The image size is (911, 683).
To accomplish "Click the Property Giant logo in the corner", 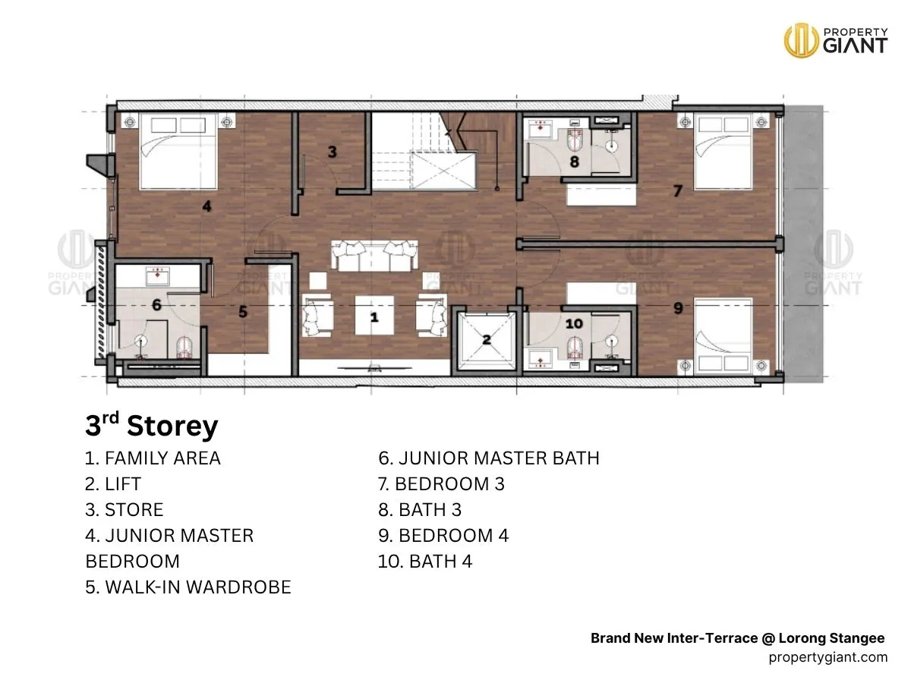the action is tap(836, 40).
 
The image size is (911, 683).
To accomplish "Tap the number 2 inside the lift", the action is tap(487, 340).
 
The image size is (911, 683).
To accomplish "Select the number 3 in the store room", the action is tap(332, 152).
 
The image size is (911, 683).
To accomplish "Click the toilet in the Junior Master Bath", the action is tap(184, 348).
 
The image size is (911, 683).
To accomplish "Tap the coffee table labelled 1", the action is tap(374, 315).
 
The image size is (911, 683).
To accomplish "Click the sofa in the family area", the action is tap(374, 256).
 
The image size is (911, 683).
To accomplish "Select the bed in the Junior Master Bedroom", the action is tap(178, 151).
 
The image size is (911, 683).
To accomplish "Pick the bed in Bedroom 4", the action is tap(723, 335).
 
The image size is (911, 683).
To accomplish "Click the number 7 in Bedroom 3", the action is tap(677, 190).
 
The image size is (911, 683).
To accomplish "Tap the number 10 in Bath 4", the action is tap(574, 323).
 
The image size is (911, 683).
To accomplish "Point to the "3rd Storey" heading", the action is tap(152, 426).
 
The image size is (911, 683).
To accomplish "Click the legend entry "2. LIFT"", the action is tap(113, 484).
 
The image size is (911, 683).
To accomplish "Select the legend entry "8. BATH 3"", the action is tap(420, 510).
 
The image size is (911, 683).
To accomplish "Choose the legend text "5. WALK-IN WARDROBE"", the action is tap(188, 587).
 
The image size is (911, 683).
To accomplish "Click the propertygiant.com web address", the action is tap(828, 657).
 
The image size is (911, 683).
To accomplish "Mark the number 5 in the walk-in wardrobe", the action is tap(243, 311).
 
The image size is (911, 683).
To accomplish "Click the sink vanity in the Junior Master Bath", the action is tap(158, 276).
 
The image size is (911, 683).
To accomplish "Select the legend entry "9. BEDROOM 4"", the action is tap(443, 535).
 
